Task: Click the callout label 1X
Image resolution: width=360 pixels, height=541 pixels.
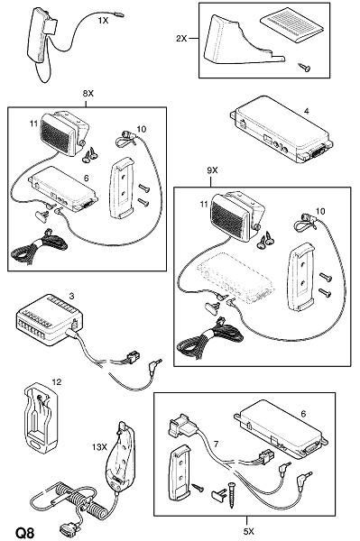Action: coord(103,21)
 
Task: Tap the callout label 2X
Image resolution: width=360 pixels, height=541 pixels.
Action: coord(181,38)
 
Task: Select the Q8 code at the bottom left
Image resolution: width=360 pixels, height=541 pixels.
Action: coord(25,532)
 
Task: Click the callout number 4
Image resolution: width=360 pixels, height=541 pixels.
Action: coord(307,111)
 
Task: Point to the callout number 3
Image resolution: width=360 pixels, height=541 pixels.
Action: coord(71,296)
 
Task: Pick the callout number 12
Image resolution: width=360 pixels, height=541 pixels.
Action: coord(57,381)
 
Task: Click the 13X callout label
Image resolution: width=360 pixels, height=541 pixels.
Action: coord(99,447)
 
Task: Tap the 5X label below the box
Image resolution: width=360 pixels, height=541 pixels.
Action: coord(248,531)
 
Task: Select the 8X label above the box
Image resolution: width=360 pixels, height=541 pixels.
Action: coord(88,93)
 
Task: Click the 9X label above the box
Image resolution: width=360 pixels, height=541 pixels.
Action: coord(212,170)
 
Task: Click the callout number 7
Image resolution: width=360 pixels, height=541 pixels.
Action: coord(216,444)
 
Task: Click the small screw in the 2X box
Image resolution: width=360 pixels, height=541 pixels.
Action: coord(304,68)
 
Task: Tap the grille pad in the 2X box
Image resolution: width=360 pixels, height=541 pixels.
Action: coord(291,24)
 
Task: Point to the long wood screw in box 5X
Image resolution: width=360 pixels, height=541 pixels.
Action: coord(232,495)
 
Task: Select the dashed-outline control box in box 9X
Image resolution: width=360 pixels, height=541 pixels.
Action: coord(235,278)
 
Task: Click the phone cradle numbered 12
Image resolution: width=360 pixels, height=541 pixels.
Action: coord(41,417)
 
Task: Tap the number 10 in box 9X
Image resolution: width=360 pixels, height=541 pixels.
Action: coord(320,211)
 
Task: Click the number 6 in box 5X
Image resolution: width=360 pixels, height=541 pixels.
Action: coord(303,413)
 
